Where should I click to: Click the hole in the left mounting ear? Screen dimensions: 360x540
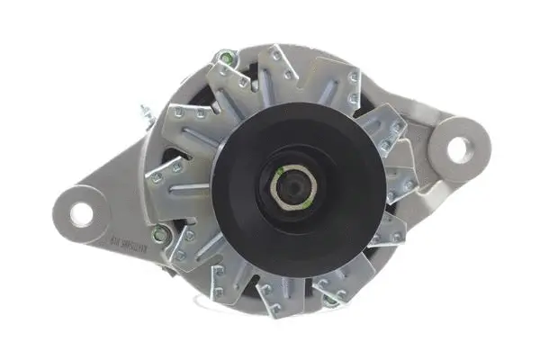(x=82, y=212)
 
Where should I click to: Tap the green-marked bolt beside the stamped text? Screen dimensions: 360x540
(x=161, y=237)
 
